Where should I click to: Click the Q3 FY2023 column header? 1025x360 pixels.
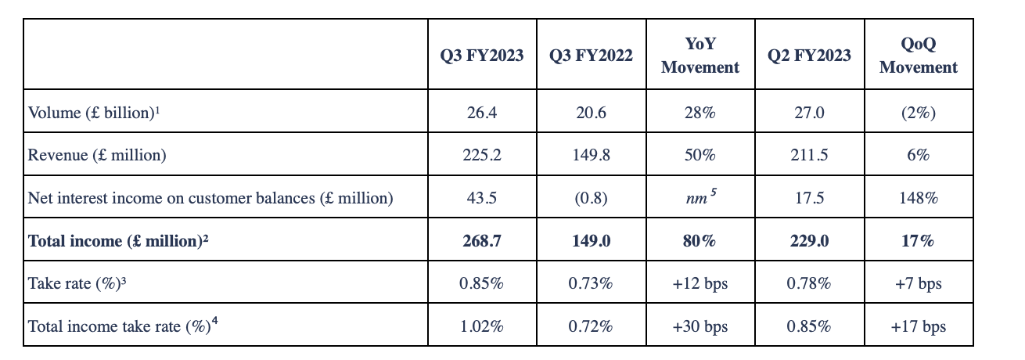[x=481, y=56]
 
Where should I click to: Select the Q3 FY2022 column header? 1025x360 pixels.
[x=591, y=56]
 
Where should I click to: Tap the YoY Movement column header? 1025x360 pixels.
[x=700, y=56]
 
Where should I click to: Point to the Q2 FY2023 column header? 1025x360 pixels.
[x=809, y=56]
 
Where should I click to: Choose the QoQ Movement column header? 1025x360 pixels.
[x=918, y=56]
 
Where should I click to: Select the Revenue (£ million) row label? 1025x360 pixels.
[x=97, y=155]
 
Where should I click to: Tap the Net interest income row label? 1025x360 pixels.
[x=210, y=198]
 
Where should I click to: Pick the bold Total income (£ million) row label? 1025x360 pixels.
[x=118, y=241]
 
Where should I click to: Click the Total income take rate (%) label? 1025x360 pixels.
[x=122, y=326]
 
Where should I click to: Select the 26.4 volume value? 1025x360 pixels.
[x=481, y=113]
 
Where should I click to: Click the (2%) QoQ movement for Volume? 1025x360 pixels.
[x=918, y=113]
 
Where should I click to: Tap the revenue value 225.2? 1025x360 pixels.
[x=481, y=155]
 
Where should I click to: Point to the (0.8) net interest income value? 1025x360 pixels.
[x=591, y=198]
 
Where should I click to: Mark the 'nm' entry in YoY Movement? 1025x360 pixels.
[x=698, y=198]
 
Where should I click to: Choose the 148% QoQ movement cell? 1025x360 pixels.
[x=918, y=198]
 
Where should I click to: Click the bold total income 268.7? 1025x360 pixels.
[x=481, y=241]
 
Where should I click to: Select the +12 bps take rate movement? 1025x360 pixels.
[x=700, y=283]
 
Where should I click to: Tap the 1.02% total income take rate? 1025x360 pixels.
[x=481, y=326]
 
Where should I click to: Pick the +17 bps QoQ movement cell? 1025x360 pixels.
[x=918, y=326]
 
